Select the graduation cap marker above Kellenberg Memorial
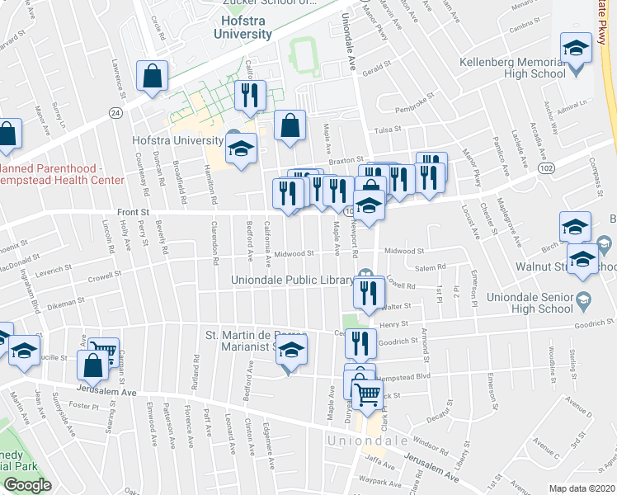[x=576, y=48]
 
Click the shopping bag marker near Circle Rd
[x=153, y=77]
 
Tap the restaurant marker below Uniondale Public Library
[x=369, y=291]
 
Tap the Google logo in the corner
[x=27, y=485]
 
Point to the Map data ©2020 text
[x=581, y=488]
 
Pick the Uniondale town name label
[x=369, y=441]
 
